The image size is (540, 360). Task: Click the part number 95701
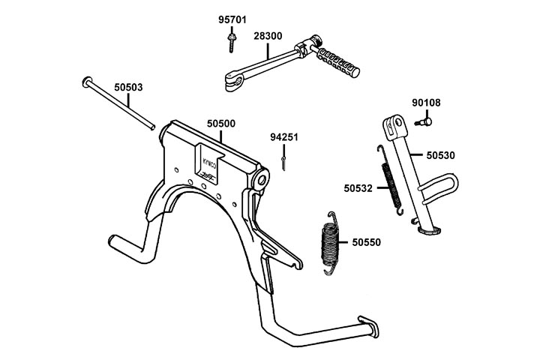tap(232, 19)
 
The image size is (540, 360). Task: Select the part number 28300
tap(268, 35)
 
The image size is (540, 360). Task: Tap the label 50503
tap(128, 87)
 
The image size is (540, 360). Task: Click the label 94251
tap(285, 137)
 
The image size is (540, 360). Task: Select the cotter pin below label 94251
tap(284, 161)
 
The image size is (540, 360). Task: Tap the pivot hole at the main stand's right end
tap(261, 180)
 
